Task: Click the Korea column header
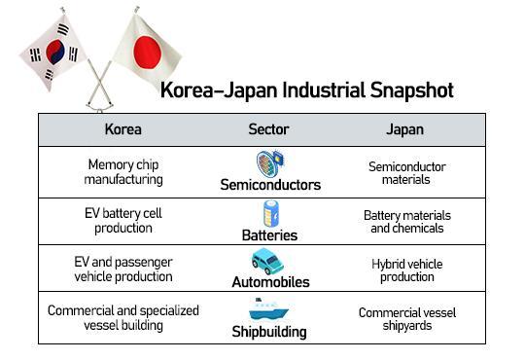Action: (122, 129)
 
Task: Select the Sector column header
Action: (268, 129)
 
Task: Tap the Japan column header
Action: (406, 129)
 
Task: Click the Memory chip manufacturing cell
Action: (122, 172)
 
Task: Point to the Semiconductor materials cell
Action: (406, 172)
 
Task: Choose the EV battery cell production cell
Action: (122, 221)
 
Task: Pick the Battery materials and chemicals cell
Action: (406, 222)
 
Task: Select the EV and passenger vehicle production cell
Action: (122, 269)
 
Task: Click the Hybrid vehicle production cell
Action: (406, 270)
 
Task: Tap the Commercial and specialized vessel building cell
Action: (122, 317)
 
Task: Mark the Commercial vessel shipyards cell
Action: (406, 319)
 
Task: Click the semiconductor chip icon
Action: (269, 162)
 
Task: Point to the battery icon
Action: (271, 213)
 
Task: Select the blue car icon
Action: (267, 261)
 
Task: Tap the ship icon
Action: (269, 309)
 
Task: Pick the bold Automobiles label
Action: (270, 282)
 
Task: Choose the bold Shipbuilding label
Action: (269, 331)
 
